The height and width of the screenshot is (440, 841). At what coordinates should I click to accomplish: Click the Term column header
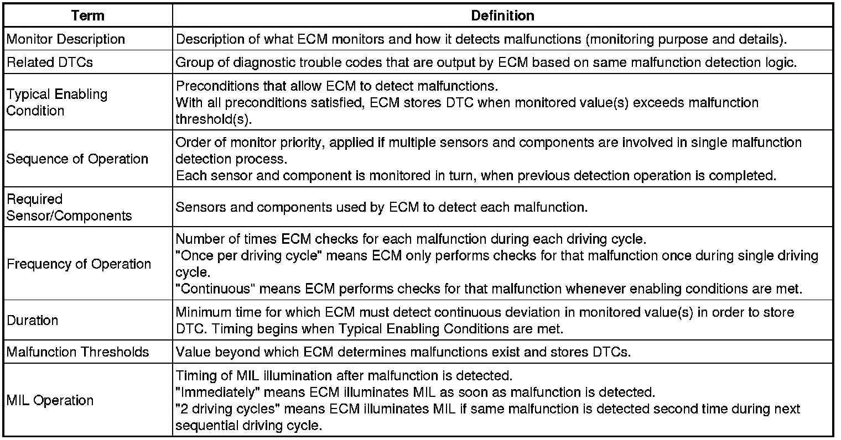click(88, 15)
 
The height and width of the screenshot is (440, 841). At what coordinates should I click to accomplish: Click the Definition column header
click(502, 15)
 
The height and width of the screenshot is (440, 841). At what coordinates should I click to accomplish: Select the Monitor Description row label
click(66, 39)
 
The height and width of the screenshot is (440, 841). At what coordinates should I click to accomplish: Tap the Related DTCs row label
click(50, 62)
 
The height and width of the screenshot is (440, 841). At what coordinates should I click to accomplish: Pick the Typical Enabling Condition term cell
click(56, 102)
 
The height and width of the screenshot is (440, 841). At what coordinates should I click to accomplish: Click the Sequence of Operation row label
click(77, 159)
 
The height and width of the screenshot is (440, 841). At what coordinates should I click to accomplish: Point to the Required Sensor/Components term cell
click(69, 207)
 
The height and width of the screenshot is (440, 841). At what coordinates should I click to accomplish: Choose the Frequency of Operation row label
click(79, 264)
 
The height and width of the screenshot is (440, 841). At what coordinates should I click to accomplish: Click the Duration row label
click(33, 321)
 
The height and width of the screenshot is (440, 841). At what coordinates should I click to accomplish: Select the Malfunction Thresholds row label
click(78, 352)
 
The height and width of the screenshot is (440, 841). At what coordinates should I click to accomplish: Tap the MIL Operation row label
click(50, 401)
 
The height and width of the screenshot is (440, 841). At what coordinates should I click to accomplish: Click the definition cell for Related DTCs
click(486, 62)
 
